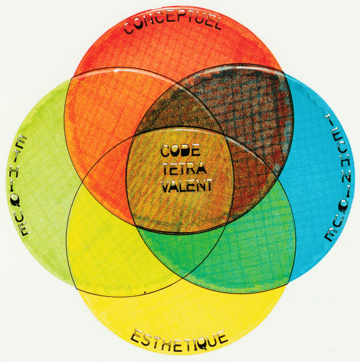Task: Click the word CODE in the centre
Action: pos(180,151)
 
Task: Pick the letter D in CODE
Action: pos(186,151)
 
